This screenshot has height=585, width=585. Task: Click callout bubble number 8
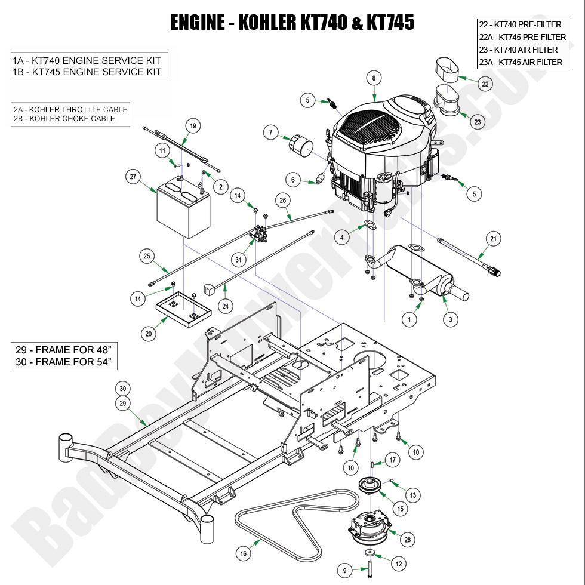[x=374, y=78]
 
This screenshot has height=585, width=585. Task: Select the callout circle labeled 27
[x=133, y=177]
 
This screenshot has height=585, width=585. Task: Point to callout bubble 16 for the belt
[x=243, y=554]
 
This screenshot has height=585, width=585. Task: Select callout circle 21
[x=493, y=239]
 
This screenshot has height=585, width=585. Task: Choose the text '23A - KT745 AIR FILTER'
[x=521, y=62]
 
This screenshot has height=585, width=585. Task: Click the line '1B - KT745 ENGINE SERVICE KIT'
[x=87, y=72]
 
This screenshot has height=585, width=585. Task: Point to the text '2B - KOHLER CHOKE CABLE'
[x=64, y=119]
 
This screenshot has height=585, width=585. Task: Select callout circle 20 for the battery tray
[x=148, y=334]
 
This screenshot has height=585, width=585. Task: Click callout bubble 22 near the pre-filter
[x=485, y=84]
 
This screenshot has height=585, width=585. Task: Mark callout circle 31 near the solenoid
[x=238, y=260]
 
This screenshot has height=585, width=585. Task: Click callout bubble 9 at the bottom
[x=344, y=571]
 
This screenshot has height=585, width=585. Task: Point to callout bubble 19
[x=193, y=126]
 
